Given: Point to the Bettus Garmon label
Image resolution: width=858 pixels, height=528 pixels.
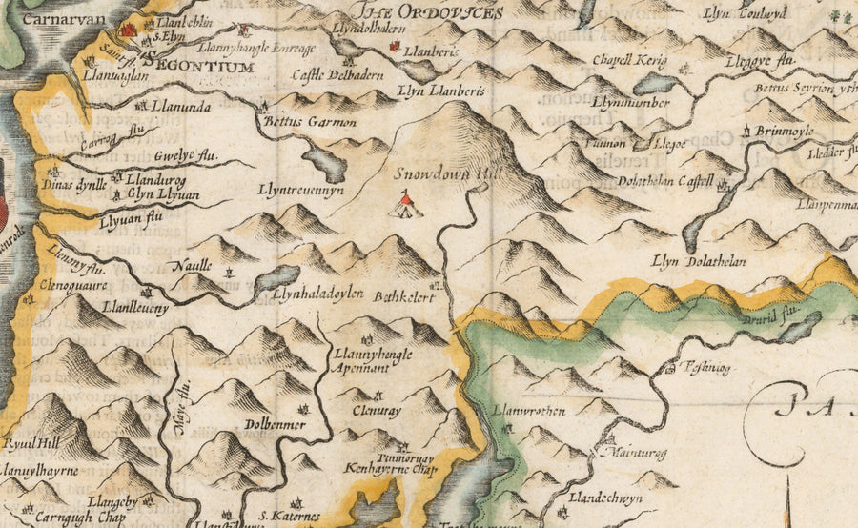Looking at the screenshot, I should coord(296,122).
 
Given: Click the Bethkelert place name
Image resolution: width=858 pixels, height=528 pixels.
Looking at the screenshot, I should coord(404,297).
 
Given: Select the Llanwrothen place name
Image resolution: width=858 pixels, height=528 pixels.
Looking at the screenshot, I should coord(530,411).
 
